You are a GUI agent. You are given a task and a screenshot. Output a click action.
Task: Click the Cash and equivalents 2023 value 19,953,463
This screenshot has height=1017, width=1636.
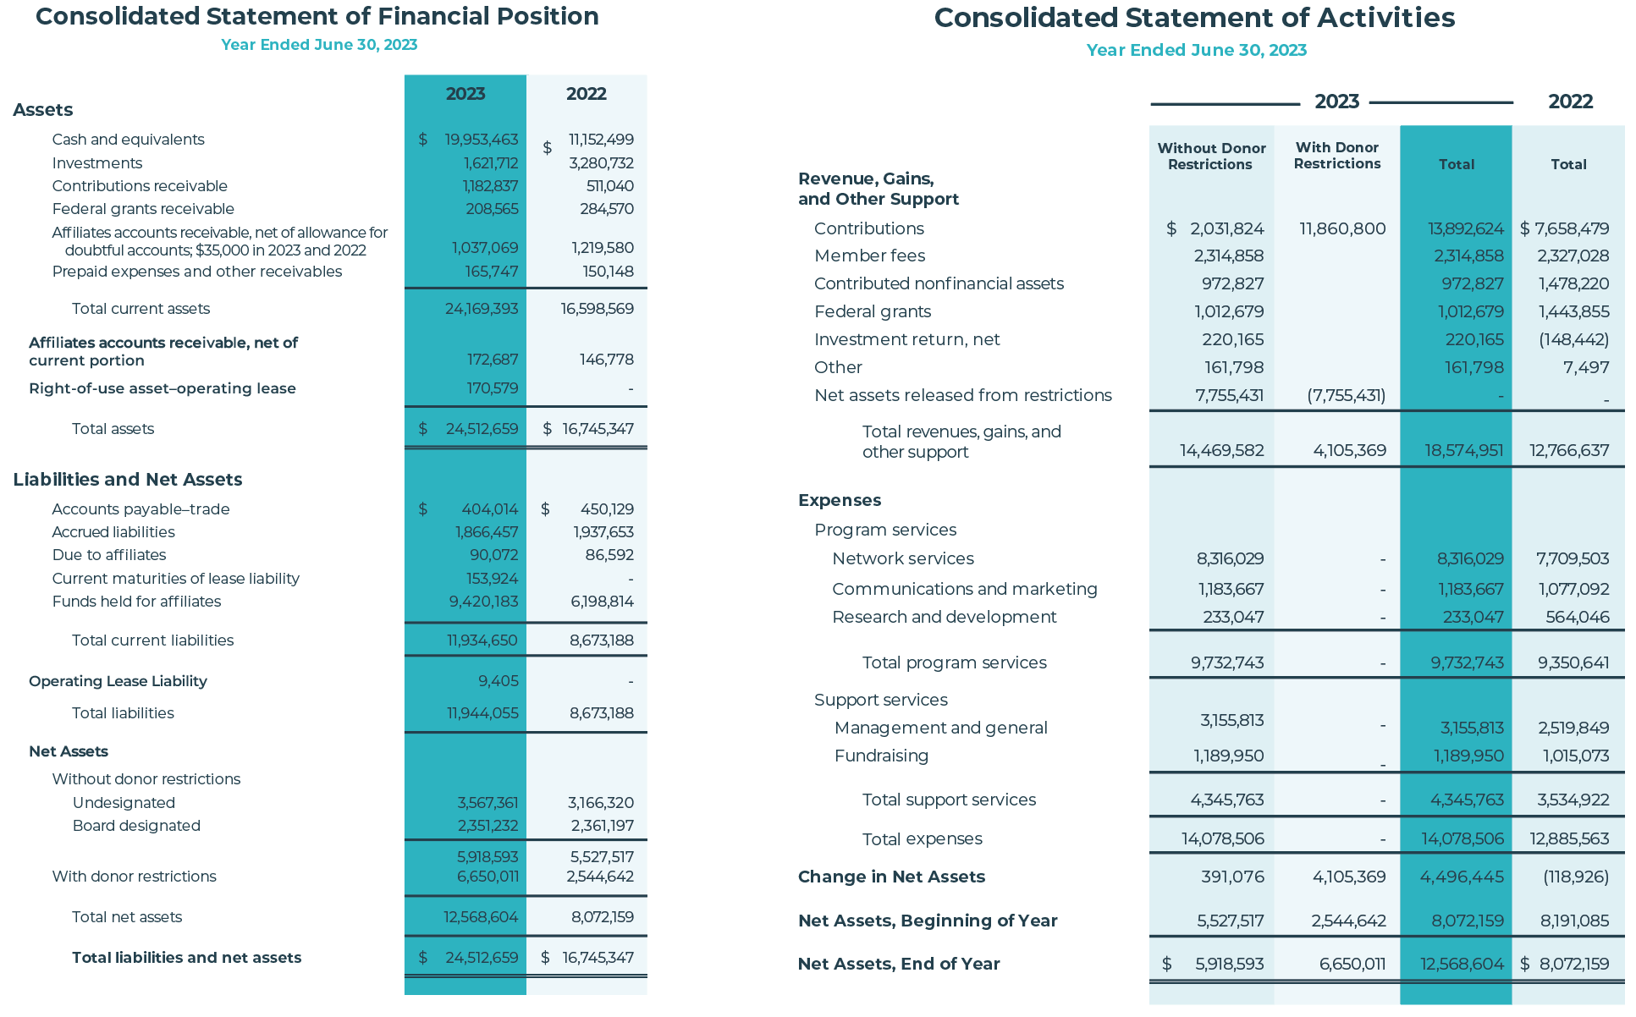482,140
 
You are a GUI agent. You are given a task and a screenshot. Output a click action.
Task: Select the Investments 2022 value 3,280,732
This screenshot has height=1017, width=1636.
601,163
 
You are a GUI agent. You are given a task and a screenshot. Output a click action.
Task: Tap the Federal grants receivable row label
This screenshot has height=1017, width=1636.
143,209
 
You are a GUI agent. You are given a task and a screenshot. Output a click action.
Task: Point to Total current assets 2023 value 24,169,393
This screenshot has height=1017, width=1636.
482,309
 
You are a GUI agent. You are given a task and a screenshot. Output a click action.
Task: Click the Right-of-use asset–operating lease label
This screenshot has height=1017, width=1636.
162,388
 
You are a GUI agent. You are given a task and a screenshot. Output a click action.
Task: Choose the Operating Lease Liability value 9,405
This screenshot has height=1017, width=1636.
499,681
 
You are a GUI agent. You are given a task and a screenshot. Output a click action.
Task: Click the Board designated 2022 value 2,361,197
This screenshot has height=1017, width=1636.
602,826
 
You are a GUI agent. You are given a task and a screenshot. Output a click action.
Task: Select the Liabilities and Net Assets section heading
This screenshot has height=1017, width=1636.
128,480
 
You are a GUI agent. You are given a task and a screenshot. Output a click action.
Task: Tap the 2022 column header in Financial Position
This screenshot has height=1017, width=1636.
587,94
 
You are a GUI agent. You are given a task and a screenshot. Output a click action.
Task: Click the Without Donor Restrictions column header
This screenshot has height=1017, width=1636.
1211,157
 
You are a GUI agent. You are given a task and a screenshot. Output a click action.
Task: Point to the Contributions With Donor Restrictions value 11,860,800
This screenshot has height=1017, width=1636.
1342,228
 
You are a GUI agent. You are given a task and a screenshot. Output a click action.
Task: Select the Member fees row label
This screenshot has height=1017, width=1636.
869,256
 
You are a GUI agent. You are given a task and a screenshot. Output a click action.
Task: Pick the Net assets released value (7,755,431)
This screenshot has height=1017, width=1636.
1347,395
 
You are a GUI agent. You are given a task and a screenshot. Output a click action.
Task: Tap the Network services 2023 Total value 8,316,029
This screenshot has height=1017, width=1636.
1470,558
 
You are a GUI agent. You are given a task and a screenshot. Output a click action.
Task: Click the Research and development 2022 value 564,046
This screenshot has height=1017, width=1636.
1578,617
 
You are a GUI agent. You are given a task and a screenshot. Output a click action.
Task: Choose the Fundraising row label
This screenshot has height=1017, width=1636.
881,756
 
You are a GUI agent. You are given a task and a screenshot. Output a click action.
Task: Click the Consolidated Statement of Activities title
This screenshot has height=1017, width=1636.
1194,18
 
